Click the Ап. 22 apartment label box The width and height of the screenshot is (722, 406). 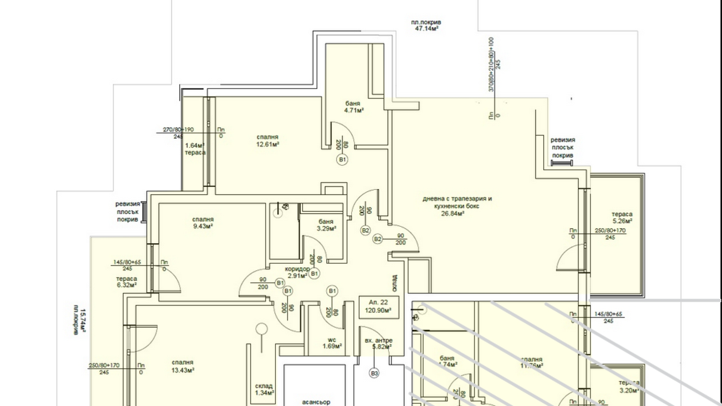pyautogui.click(x=378, y=306)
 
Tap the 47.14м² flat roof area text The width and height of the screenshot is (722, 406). pyautogui.click(x=426, y=29)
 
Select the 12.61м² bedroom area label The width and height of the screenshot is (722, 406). pyautogui.click(x=267, y=144)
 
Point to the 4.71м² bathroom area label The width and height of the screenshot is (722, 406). pyautogui.click(x=354, y=110)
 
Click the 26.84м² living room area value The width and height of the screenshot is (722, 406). pyautogui.click(x=452, y=214)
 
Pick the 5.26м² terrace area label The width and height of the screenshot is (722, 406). pyautogui.click(x=622, y=221)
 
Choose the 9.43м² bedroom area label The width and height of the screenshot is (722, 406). pyautogui.click(x=203, y=226)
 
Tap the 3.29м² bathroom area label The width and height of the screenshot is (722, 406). pyautogui.click(x=326, y=228)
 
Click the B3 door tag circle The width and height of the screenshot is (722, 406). pyautogui.click(x=374, y=373)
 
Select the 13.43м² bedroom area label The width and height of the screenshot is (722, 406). pyautogui.click(x=183, y=370)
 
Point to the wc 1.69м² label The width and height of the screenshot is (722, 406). pyautogui.click(x=332, y=343)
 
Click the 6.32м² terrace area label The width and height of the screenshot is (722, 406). pyautogui.click(x=126, y=285)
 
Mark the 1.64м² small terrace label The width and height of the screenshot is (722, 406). pyautogui.click(x=195, y=145)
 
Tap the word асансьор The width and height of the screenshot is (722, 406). pyautogui.click(x=316, y=402)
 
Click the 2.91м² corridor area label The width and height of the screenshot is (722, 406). pyautogui.click(x=297, y=276)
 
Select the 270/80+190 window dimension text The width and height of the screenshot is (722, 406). pyautogui.click(x=178, y=130)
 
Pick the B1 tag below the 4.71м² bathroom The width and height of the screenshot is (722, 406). pyautogui.click(x=342, y=159)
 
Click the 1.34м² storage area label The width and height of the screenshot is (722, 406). pyautogui.click(x=264, y=393)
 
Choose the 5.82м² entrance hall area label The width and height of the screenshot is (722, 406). pyautogui.click(x=382, y=347)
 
